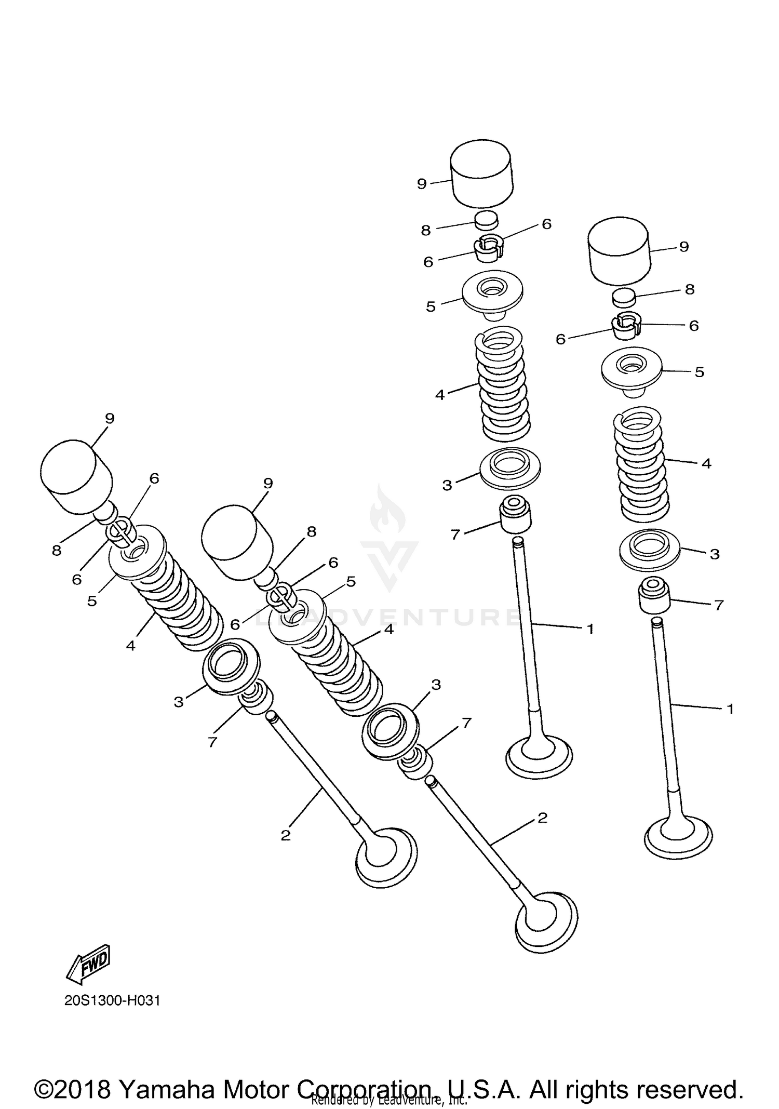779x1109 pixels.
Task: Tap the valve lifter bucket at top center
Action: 481,174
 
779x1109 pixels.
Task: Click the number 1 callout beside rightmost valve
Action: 730,709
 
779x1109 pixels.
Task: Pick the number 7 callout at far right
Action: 719,605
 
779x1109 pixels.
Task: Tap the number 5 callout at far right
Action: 699,372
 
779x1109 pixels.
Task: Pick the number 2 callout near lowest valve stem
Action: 542,818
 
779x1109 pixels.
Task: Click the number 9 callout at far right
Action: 684,247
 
